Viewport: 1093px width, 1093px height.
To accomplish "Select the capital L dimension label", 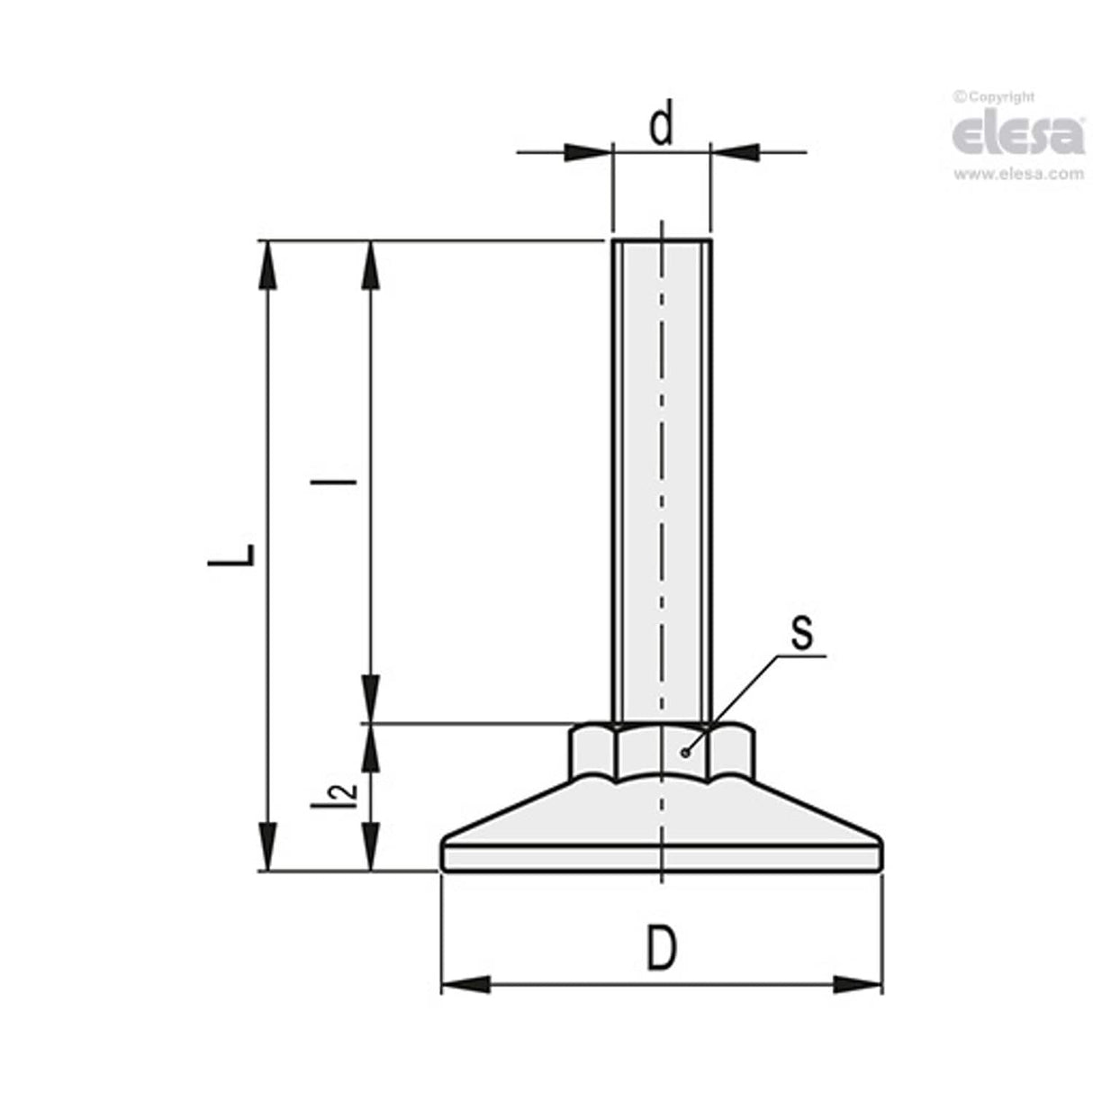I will tap(232, 556).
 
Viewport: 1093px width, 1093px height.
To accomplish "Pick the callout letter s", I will tap(800, 632).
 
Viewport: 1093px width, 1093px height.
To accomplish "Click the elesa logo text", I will tap(1018, 134).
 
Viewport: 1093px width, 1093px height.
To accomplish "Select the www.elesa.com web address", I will tap(1018, 175).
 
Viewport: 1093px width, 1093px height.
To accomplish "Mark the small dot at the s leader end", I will tap(686, 752).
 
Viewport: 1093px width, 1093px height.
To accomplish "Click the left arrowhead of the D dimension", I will tap(465, 985).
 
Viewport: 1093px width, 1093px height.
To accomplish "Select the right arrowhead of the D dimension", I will tap(857, 985).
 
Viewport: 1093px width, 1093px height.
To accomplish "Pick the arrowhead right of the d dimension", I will tap(735, 152).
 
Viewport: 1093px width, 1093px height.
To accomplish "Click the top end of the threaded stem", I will tap(662, 241).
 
